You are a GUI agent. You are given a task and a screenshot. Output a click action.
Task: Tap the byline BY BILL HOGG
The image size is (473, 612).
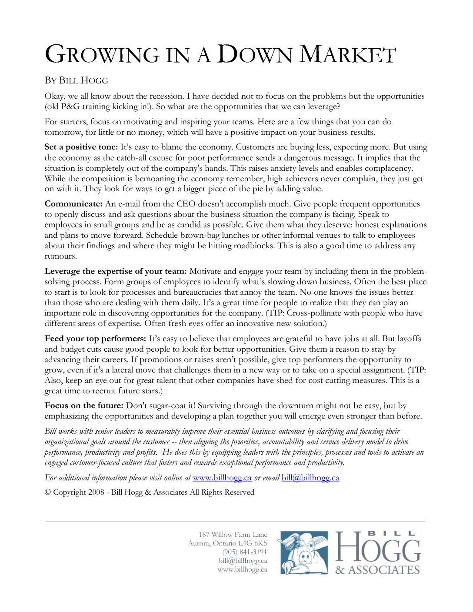[76, 80]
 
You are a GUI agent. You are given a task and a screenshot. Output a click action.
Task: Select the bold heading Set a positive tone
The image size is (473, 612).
[81, 147]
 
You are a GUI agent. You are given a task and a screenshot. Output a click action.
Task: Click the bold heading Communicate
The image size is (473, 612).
[73, 204]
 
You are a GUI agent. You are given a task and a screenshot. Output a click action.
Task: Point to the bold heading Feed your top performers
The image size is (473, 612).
[95, 339]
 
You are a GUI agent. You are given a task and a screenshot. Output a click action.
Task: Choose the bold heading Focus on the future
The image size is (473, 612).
[84, 406]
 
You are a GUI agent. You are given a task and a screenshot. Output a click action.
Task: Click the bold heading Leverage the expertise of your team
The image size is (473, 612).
[116, 271]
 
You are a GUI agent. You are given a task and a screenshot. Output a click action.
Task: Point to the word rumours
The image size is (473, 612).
[60, 256]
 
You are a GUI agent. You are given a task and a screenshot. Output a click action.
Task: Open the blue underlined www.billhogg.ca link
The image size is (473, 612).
[222, 478]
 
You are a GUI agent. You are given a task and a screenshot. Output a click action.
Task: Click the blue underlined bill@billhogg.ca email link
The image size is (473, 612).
[310, 478]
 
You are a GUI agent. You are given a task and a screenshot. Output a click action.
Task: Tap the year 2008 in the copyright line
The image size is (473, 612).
[96, 492]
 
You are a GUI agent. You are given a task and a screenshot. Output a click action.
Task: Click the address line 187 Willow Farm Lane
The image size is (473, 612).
[233, 535]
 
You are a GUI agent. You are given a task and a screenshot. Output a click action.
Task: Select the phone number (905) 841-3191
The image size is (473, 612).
[245, 552]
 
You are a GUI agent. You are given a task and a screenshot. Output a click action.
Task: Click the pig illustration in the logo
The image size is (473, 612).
[304, 553]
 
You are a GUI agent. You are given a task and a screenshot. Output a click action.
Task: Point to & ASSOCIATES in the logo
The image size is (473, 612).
[377, 570]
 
